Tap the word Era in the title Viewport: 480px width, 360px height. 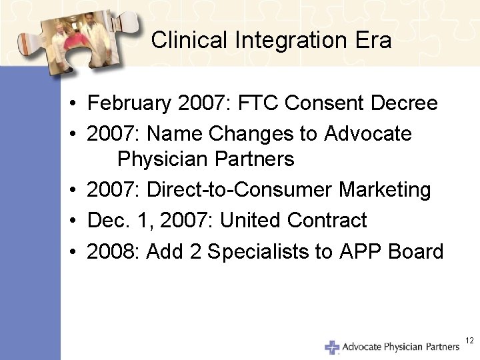tap(375, 41)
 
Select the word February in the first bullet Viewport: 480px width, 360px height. tap(130, 104)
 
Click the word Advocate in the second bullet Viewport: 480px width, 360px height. tap(368, 134)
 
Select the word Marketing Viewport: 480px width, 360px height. tap(385, 191)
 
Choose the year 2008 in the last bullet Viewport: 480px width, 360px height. tap(113, 251)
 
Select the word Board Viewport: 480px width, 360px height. tap(417, 251)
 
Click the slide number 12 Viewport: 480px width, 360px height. tap(469, 341)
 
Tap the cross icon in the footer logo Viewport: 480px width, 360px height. tap(332, 347)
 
